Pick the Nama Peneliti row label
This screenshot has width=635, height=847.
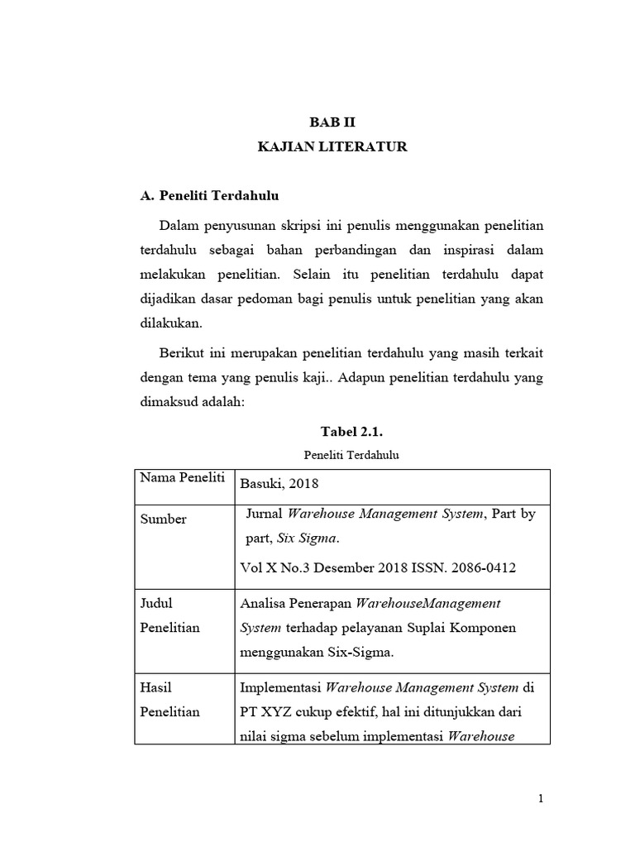point(182,479)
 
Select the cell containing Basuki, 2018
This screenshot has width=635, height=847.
point(279,484)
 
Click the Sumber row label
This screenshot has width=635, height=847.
point(163,519)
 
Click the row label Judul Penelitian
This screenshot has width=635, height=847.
point(170,615)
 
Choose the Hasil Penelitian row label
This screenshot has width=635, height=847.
point(170,699)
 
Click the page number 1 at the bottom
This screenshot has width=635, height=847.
point(540,798)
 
